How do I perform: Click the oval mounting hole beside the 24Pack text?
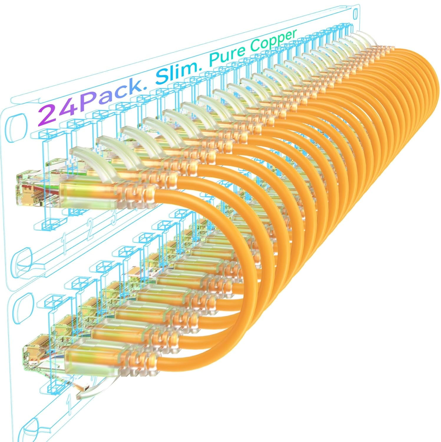pyautogui.click(x=16, y=125)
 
